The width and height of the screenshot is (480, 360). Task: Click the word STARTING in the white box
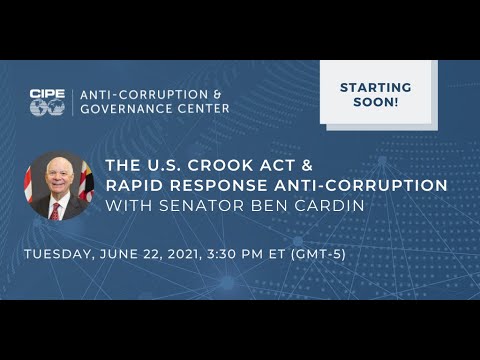376,87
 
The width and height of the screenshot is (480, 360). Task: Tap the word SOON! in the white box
376,103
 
